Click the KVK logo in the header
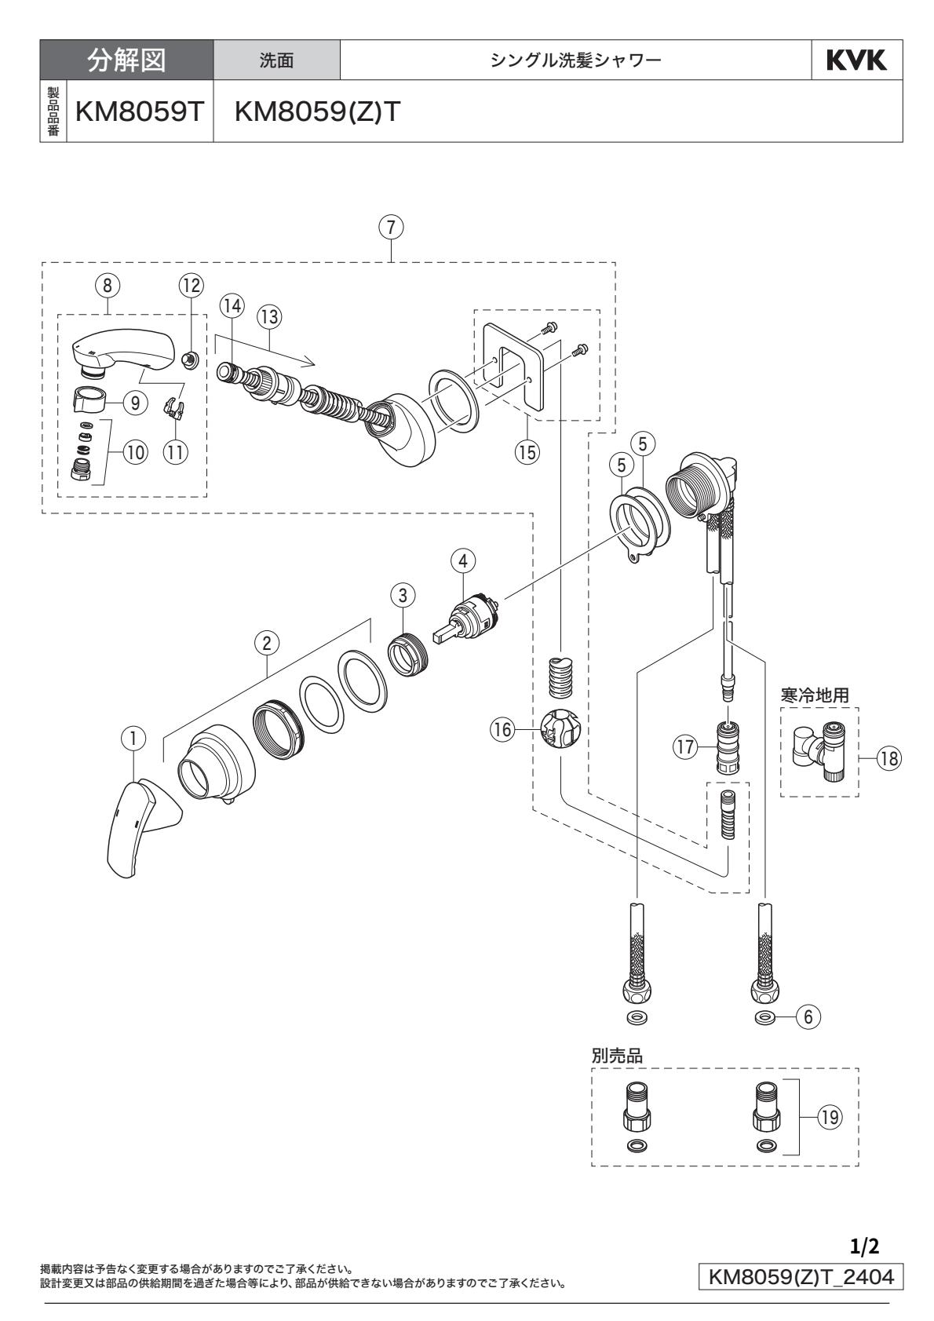point(856,60)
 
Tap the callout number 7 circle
point(390,228)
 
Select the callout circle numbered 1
point(134,738)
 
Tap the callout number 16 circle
point(502,730)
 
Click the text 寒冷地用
point(815,695)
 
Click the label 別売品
point(617,1056)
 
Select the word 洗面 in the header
point(278,60)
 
